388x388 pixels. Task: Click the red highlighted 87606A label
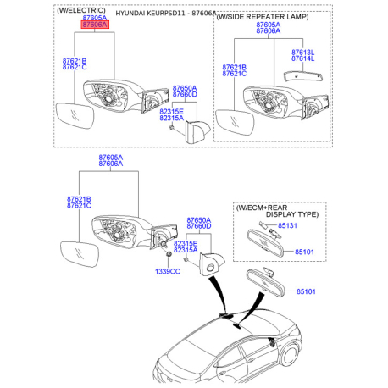pyautogui.click(x=95, y=25)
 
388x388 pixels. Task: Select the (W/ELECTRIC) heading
pyautogui.click(x=81, y=10)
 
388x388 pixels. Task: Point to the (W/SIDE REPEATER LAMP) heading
pyautogui.click(x=263, y=17)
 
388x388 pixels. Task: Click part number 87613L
pyautogui.click(x=303, y=53)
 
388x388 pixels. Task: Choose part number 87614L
pyautogui.click(x=303, y=58)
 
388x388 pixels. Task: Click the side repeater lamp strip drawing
pyautogui.click(x=303, y=76)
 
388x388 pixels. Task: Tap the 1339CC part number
pyautogui.click(x=168, y=271)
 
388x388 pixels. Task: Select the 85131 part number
pyautogui.click(x=287, y=225)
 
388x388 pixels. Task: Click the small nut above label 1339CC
pyautogui.click(x=169, y=255)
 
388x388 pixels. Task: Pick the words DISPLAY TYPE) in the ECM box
pyautogui.click(x=292, y=214)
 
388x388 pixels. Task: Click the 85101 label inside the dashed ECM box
pyautogui.click(x=304, y=252)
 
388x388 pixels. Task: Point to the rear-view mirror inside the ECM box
pyautogui.click(x=265, y=243)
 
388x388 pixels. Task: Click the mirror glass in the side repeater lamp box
pyautogui.click(x=235, y=122)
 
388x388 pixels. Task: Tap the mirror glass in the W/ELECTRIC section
pyautogui.click(x=75, y=115)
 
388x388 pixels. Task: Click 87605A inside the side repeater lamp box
pyautogui.click(x=269, y=25)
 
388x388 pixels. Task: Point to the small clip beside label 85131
pyautogui.click(x=263, y=224)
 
